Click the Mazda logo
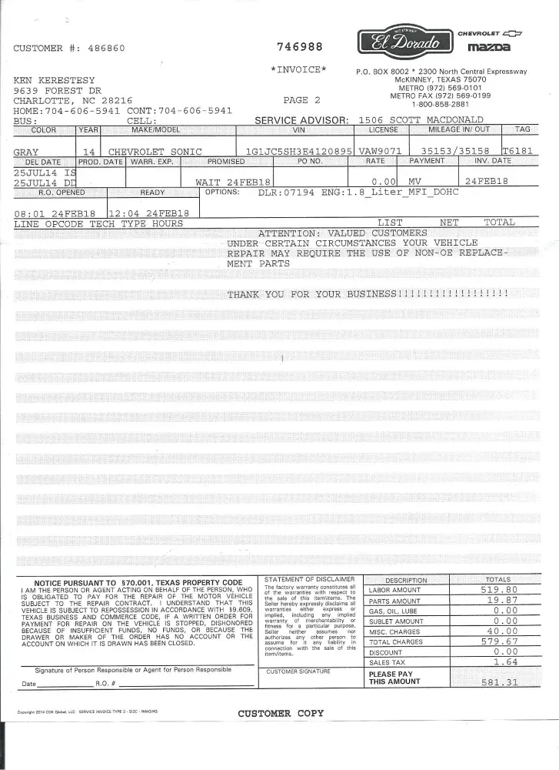click(x=489, y=49)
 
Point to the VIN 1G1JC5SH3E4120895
click(x=298, y=152)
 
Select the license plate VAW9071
click(x=381, y=152)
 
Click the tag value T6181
click(x=517, y=152)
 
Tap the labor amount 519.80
click(x=499, y=590)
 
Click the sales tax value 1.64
click(x=505, y=661)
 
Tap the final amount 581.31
click(x=499, y=682)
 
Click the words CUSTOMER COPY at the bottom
click(x=281, y=713)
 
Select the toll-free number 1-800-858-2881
click(x=441, y=104)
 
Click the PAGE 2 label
click(x=301, y=100)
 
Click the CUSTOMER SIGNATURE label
click(x=298, y=671)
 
